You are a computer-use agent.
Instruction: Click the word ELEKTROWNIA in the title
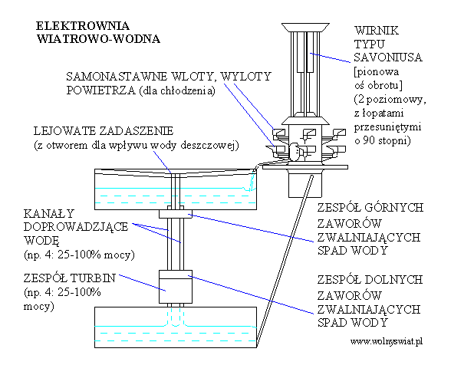click(83, 26)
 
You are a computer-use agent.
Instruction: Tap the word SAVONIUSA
click(388, 58)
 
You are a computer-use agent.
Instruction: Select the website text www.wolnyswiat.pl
click(387, 342)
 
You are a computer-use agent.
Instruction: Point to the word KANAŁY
click(49, 213)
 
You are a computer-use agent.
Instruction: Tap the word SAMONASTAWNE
click(117, 77)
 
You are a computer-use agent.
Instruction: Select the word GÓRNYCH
click(393, 207)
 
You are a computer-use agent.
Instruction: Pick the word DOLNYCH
click(393, 280)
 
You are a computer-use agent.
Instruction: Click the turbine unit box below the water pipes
click(176, 287)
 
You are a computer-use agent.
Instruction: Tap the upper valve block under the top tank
click(176, 214)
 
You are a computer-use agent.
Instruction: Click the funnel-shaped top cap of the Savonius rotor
click(305, 28)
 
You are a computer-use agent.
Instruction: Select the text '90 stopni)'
click(387, 140)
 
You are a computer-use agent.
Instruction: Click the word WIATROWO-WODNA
click(98, 39)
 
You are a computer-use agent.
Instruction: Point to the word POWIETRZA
click(101, 90)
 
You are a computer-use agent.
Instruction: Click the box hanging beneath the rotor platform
click(305, 183)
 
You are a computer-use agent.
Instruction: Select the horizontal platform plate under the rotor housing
click(305, 167)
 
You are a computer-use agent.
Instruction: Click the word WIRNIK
click(377, 30)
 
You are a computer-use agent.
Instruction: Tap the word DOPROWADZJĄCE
click(76, 227)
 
